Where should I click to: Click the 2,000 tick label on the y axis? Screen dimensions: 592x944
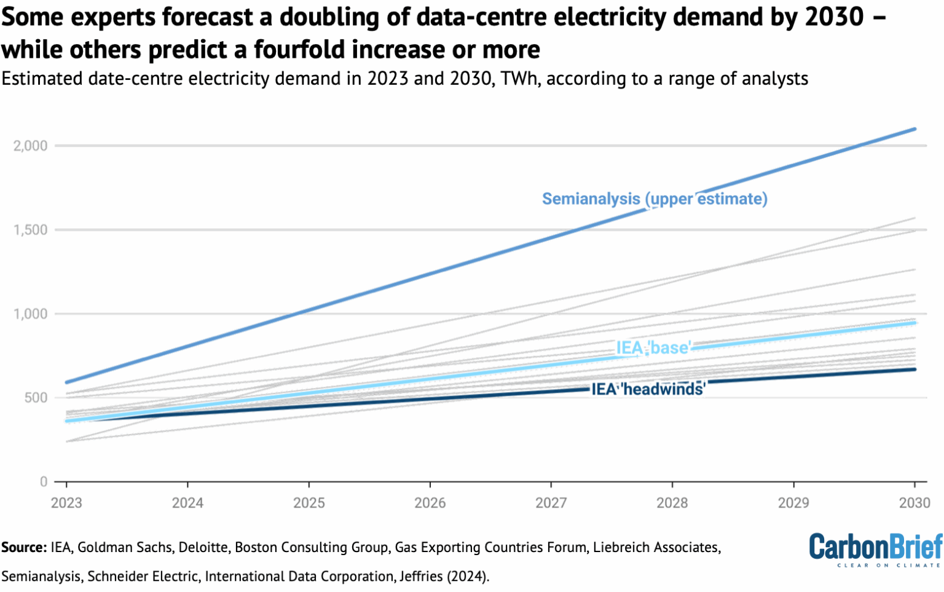(30, 146)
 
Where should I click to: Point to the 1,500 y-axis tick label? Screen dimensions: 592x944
(30, 230)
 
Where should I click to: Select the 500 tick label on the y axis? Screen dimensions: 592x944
(36, 398)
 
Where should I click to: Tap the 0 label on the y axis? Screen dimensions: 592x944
(44, 482)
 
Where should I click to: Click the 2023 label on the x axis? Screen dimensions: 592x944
(66, 503)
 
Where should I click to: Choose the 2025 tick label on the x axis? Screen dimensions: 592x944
(309, 503)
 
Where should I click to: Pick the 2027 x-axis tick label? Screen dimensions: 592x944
(551, 503)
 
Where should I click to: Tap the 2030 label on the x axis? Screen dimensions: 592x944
(914, 503)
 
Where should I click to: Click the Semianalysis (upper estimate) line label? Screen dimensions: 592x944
(655, 199)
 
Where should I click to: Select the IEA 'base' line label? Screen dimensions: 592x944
(654, 348)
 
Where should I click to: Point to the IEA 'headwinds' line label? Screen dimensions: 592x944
(648, 389)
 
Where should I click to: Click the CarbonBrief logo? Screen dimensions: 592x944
(875, 549)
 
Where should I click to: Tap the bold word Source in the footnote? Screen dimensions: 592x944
(23, 547)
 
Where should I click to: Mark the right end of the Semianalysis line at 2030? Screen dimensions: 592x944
(914, 129)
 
